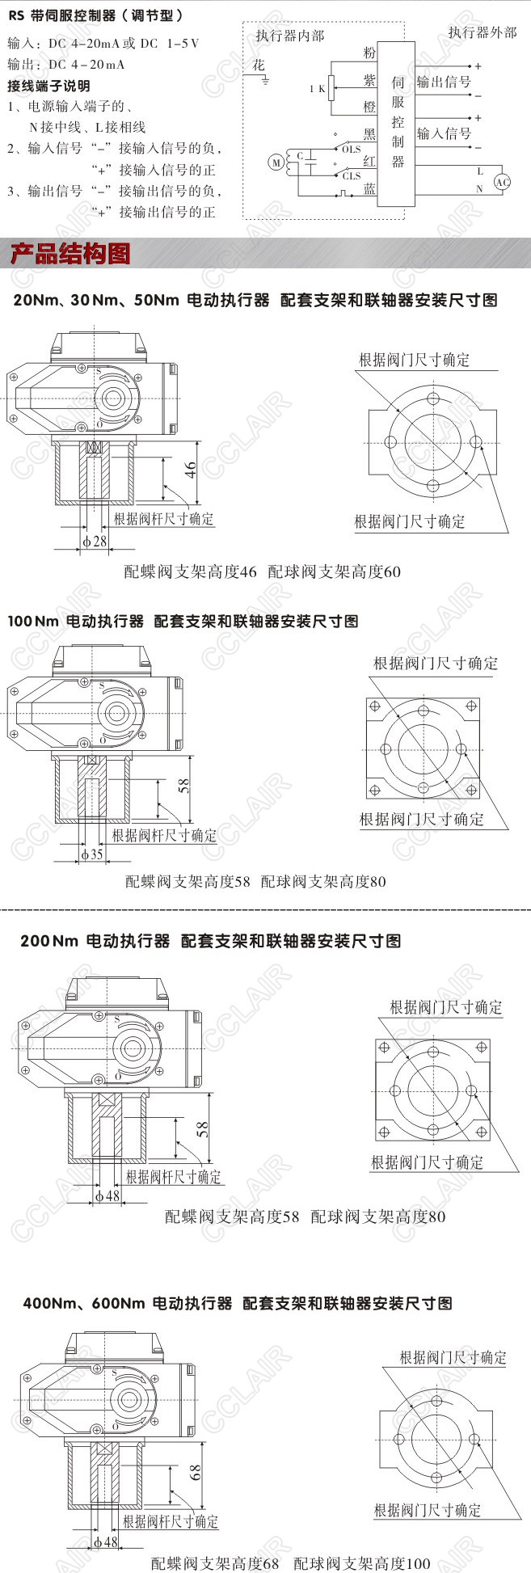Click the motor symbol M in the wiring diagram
point(276,163)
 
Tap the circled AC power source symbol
point(502,182)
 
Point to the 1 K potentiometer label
point(316,89)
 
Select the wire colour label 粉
point(369,53)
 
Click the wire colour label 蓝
point(369,188)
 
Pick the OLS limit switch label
point(351,150)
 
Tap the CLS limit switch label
point(351,176)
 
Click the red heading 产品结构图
point(70,255)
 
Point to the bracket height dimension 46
point(191,470)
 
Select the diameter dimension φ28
point(95,541)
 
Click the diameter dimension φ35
point(92,854)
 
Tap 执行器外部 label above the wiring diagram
point(483,32)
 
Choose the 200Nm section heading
point(210,941)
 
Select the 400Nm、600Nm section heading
point(238,1303)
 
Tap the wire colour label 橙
point(369,106)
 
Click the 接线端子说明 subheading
point(48,86)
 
